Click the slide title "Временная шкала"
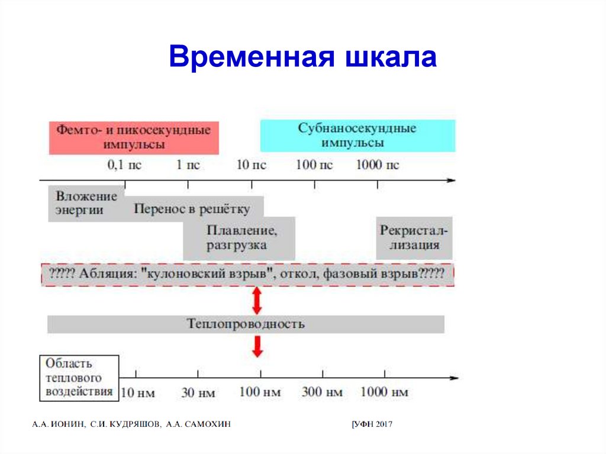point(302,58)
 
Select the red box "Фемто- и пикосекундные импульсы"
point(134,137)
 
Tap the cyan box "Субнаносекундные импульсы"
point(357,136)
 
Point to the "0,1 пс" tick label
point(124,165)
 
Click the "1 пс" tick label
point(188,165)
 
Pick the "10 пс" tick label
point(251,165)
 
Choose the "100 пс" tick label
point(314,165)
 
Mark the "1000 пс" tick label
point(378,165)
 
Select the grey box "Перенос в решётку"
point(192,208)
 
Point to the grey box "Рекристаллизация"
point(414,237)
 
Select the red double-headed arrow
point(257,301)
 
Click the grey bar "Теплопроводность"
point(246,324)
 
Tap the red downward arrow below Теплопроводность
point(257,346)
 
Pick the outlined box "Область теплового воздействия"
point(79,377)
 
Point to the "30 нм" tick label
point(198,392)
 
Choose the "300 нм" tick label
point(322,392)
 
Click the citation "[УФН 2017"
point(372,424)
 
